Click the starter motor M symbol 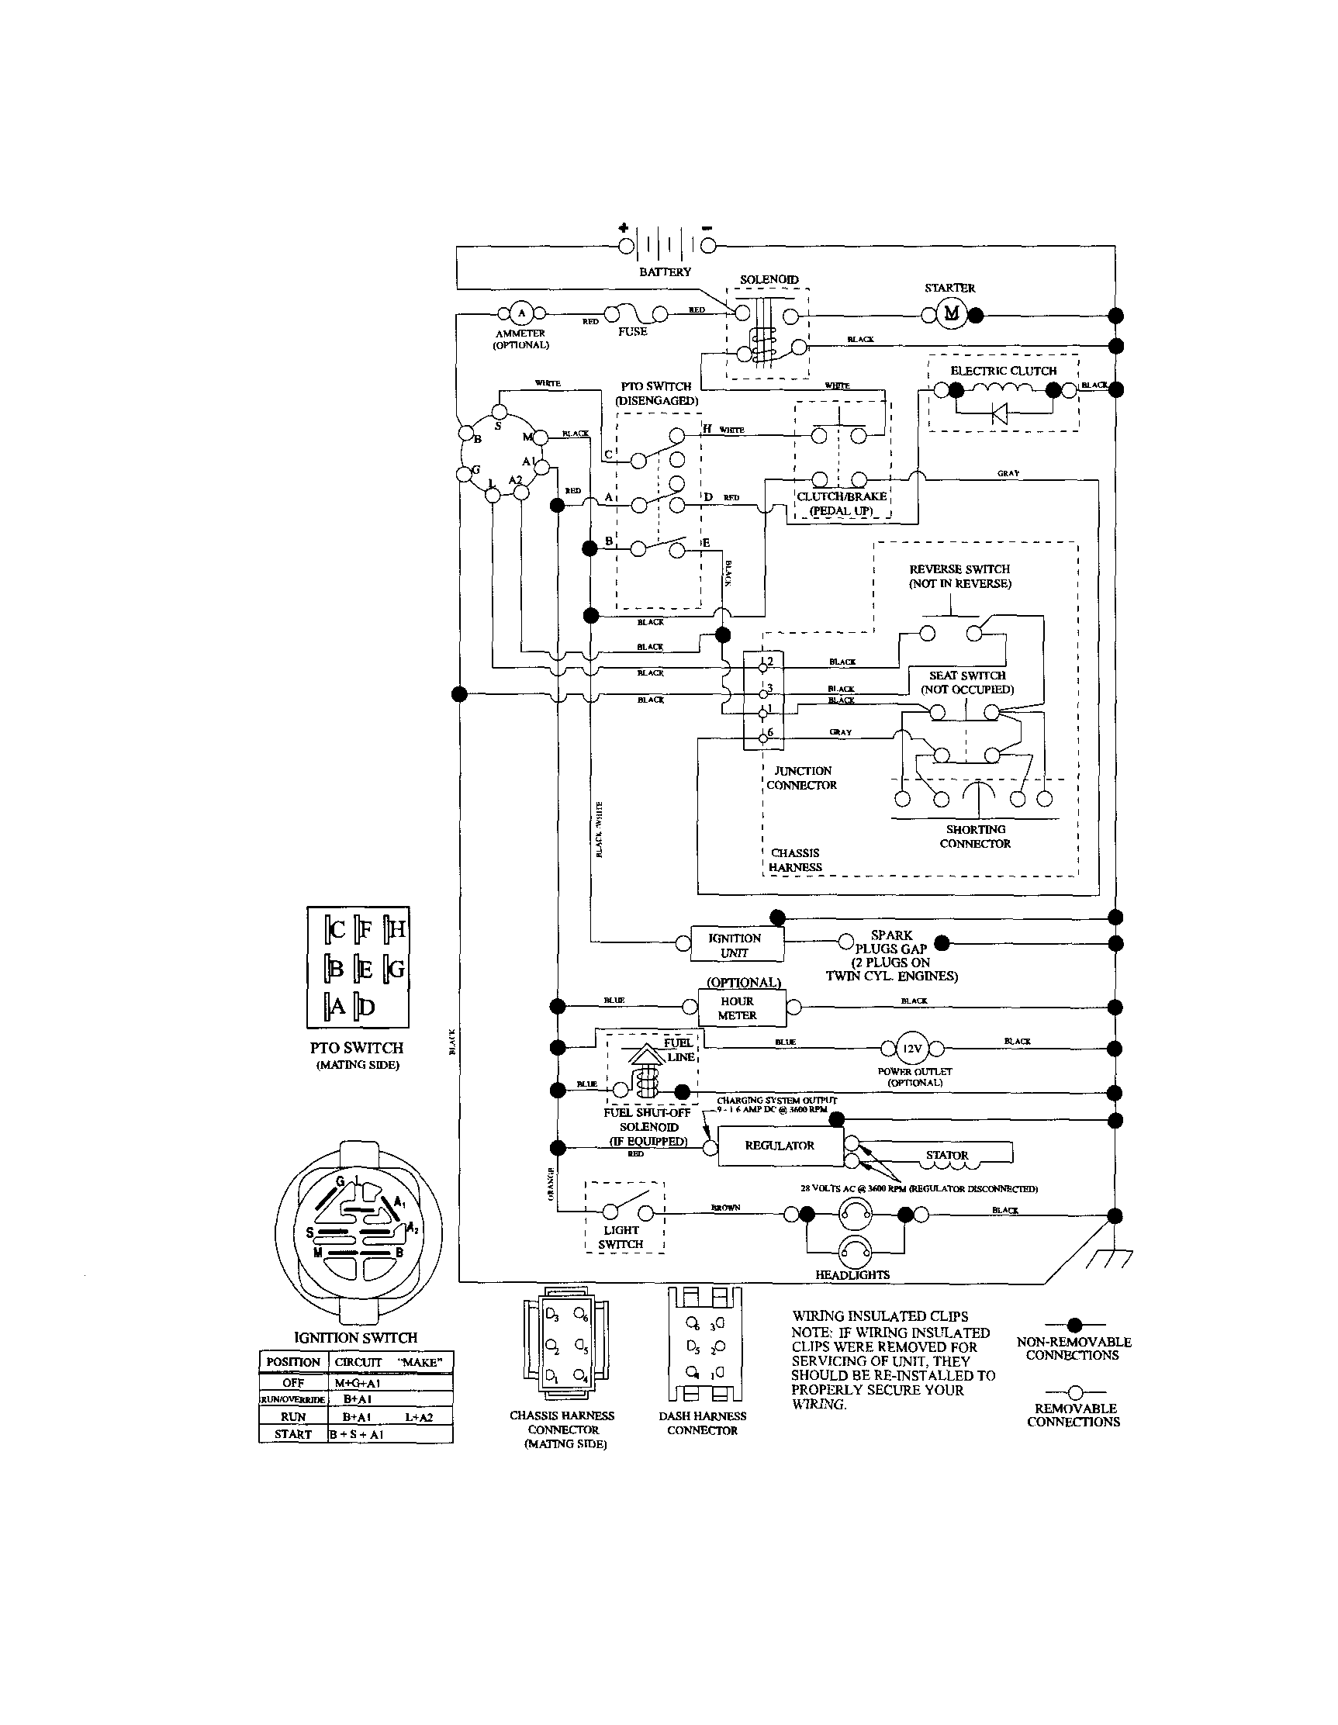point(952,313)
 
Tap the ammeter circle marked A point(521,313)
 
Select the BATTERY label point(665,271)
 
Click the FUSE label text point(633,332)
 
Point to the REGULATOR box point(780,1146)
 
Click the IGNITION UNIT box point(736,945)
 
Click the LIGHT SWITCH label point(621,1237)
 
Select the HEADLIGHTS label point(852,1275)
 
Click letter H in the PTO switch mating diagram point(396,930)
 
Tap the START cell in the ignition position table point(293,1434)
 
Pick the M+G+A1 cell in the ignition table point(358,1383)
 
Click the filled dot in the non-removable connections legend point(1074,1325)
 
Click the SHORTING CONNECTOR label point(975,836)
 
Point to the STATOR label point(947,1155)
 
